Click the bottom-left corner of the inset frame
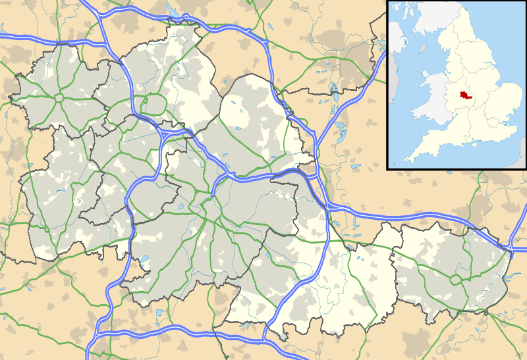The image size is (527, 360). coord(387,168)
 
